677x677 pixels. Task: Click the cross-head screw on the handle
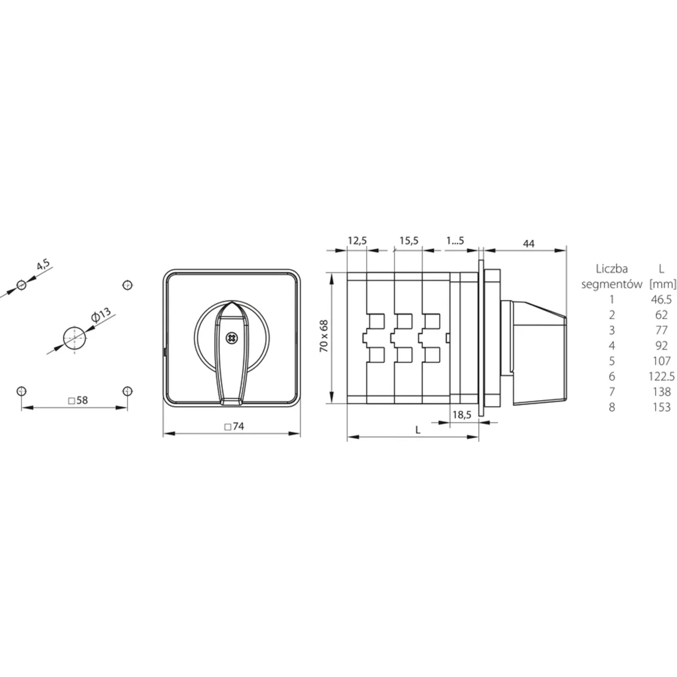point(231,338)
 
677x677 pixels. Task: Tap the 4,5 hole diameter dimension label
point(44,264)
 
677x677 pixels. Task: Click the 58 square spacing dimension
point(78,400)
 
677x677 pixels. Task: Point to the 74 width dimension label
point(234,426)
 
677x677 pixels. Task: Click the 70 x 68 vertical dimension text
point(324,336)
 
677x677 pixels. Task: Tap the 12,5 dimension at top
point(357,241)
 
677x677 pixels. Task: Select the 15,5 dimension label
point(409,241)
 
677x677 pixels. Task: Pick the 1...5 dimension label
point(455,241)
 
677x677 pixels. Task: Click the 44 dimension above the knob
point(529,244)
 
